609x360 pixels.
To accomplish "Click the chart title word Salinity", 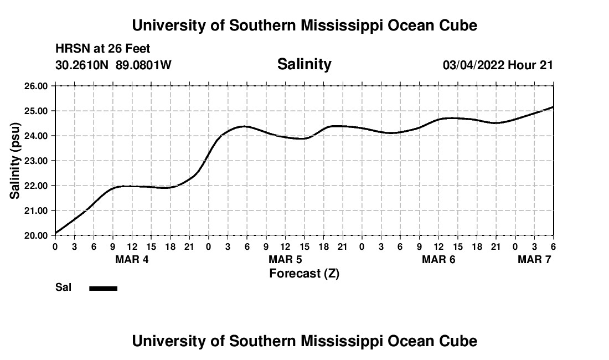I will coord(304,64).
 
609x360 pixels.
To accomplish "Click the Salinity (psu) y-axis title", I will coord(16,161).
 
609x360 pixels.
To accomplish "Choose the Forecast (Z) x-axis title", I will coord(304,273).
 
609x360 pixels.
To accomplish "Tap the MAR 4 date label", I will coord(132,259).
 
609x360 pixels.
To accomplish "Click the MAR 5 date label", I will coord(285,259).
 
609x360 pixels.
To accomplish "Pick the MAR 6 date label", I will coord(438,259).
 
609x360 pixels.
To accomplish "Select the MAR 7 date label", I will coord(534,259).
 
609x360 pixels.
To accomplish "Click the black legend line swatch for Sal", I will coord(104,288).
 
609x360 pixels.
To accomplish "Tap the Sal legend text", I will coord(63,287).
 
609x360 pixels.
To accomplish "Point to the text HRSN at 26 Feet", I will coord(103,49).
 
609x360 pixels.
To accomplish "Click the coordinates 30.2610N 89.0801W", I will coord(113,65).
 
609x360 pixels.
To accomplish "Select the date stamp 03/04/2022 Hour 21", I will coord(498,65).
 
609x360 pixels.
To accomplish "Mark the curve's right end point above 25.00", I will coord(553,107).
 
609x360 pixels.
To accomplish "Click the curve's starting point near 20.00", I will coord(55,233).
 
